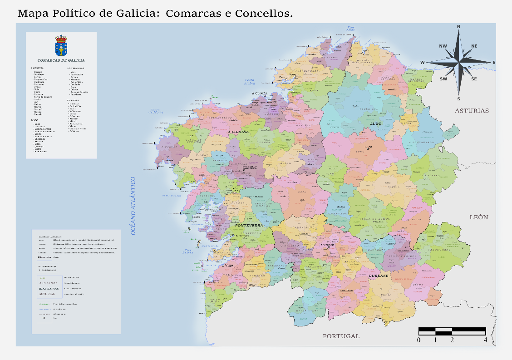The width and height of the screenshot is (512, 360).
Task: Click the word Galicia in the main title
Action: click(x=136, y=14)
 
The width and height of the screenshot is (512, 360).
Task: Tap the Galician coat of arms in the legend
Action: click(x=61, y=45)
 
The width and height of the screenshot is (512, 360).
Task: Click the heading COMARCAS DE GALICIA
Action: click(x=61, y=60)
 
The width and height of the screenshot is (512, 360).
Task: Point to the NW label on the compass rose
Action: click(x=443, y=46)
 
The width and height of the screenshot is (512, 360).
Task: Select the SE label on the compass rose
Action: click(x=474, y=79)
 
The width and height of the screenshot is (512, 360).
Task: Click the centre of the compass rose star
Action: click(x=459, y=63)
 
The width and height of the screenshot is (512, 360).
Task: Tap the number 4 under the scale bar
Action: click(x=485, y=340)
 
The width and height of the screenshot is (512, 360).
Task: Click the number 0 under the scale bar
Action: click(x=418, y=340)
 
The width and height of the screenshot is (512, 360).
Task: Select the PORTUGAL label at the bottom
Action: click(x=341, y=336)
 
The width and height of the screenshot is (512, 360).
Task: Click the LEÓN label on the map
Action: click(x=479, y=217)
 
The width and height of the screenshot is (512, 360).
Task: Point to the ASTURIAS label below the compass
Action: click(x=472, y=111)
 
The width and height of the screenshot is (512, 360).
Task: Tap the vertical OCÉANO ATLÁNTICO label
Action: click(x=134, y=206)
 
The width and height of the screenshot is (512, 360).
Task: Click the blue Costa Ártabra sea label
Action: click(x=250, y=82)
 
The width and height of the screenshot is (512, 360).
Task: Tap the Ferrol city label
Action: click(x=284, y=77)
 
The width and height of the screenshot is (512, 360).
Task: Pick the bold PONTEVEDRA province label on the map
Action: click(x=249, y=225)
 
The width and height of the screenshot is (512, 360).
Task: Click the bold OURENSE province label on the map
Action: click(x=378, y=276)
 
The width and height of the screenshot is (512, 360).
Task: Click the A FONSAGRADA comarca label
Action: click(x=422, y=142)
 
